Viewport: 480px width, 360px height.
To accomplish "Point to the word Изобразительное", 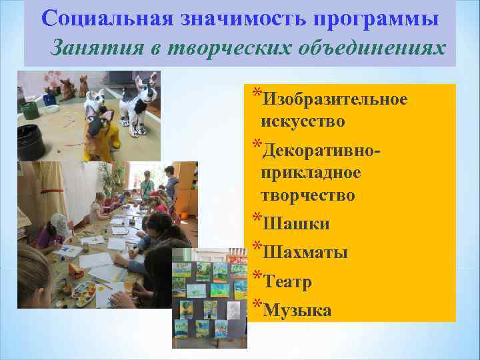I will pos(335,99).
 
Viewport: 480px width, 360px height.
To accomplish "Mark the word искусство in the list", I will pos(303,122).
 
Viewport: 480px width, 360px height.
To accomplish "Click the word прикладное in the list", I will pos(311,173).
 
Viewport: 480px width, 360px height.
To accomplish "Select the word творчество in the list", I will pos(307,195).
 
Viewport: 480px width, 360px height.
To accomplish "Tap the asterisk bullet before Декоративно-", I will pos(257,145).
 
